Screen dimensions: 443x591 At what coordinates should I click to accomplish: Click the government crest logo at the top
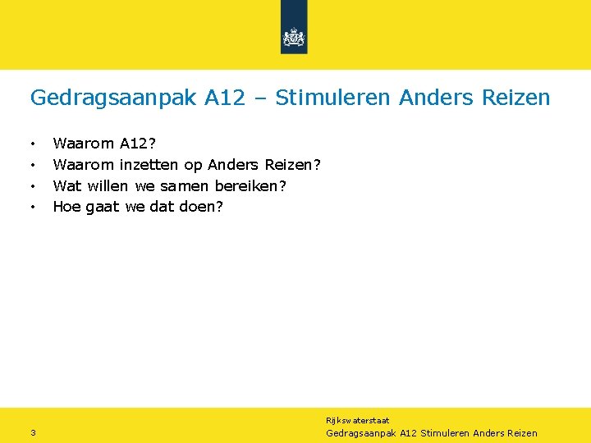294,37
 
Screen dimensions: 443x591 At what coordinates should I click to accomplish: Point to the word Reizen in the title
515,98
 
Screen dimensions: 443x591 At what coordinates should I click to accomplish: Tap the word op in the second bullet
193,166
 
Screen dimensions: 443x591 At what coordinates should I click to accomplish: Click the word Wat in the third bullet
66,185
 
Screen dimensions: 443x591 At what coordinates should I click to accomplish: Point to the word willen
107,185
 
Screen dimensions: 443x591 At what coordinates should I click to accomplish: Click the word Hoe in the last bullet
66,206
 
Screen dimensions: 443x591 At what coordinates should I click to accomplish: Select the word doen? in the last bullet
201,206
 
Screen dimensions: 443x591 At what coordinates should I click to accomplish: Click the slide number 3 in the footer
32,433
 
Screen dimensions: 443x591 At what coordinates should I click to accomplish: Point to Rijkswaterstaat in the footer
358,420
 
